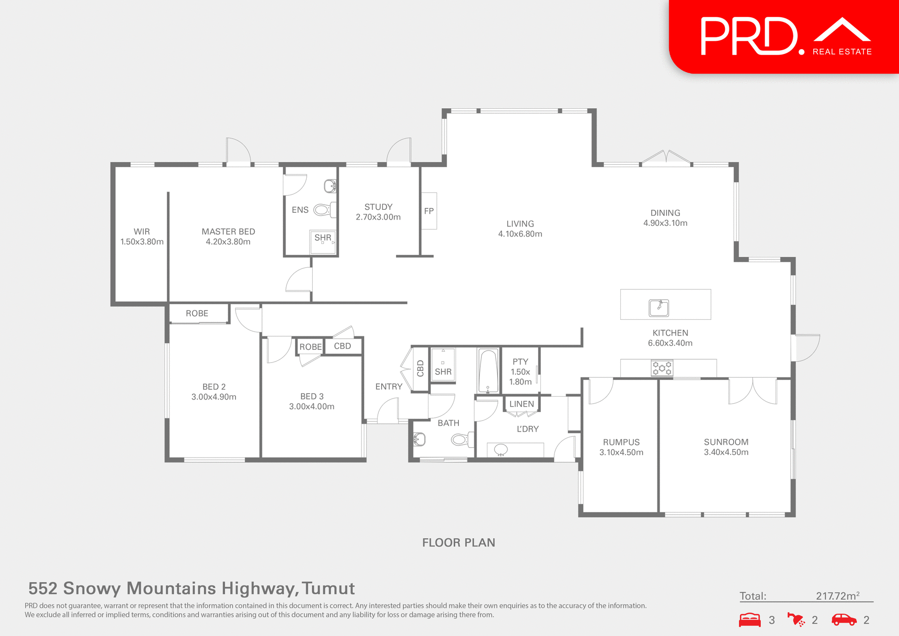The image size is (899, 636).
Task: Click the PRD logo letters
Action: [749, 37]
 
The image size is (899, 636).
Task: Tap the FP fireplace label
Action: [428, 211]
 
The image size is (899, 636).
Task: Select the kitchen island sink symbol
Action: [659, 308]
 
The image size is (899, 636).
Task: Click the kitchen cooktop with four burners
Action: [662, 368]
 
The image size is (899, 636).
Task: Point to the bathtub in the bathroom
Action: [488, 370]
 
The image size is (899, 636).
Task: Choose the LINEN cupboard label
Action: [521, 404]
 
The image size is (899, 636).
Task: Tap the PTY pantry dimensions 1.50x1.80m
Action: [520, 377]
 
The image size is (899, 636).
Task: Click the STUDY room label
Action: [378, 207]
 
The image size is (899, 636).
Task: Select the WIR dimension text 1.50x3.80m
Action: [142, 242]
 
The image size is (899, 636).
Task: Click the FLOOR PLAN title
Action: [458, 542]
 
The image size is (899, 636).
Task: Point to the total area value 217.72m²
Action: [837, 596]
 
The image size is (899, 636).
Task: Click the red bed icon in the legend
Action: [750, 620]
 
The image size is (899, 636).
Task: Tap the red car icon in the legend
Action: [844, 620]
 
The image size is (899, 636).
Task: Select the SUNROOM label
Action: [726, 442]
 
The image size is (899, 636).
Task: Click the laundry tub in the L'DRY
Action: [501, 450]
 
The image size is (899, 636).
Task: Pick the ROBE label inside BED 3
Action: [310, 347]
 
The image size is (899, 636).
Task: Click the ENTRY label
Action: [389, 386]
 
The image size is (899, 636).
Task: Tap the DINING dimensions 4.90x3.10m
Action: [665, 223]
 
